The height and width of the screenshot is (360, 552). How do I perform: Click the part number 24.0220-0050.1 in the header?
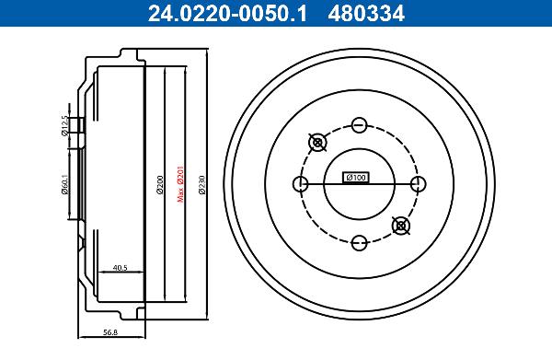click(x=228, y=14)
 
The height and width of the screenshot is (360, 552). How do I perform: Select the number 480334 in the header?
click(x=366, y=14)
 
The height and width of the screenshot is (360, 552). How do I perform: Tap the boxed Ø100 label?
click(x=356, y=177)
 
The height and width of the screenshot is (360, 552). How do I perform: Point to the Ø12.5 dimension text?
click(x=64, y=125)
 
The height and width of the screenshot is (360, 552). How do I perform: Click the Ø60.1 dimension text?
click(x=64, y=184)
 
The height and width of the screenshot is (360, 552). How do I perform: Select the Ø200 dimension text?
click(x=160, y=184)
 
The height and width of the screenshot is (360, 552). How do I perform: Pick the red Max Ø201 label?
click(x=180, y=183)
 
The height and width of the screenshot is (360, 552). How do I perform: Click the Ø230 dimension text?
click(x=201, y=185)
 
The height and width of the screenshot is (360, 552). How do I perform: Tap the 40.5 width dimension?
click(x=120, y=268)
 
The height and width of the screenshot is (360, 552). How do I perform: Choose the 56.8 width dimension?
click(x=110, y=331)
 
